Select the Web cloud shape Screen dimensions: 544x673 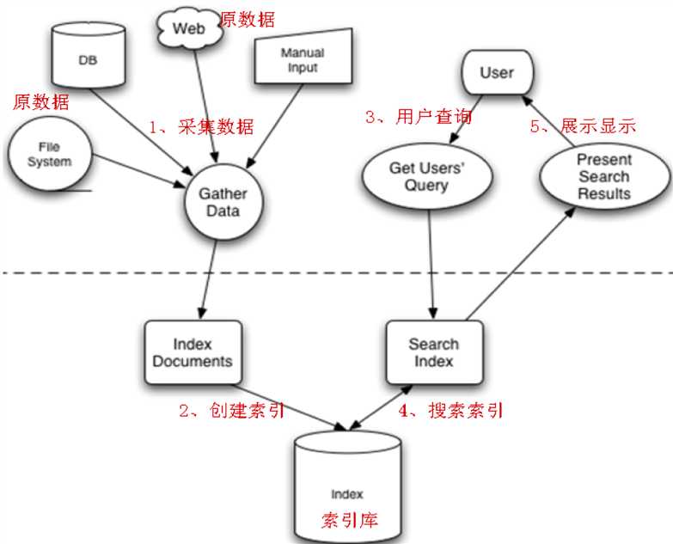(x=189, y=28)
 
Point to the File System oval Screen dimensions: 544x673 (x=50, y=156)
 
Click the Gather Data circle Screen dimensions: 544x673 (x=223, y=201)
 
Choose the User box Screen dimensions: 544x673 (x=496, y=73)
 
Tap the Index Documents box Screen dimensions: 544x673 (x=192, y=352)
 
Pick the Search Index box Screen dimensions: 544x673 (x=433, y=352)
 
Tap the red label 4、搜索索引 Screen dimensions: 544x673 (x=450, y=410)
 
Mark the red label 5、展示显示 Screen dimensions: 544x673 (x=582, y=125)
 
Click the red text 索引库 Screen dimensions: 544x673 (x=349, y=520)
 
